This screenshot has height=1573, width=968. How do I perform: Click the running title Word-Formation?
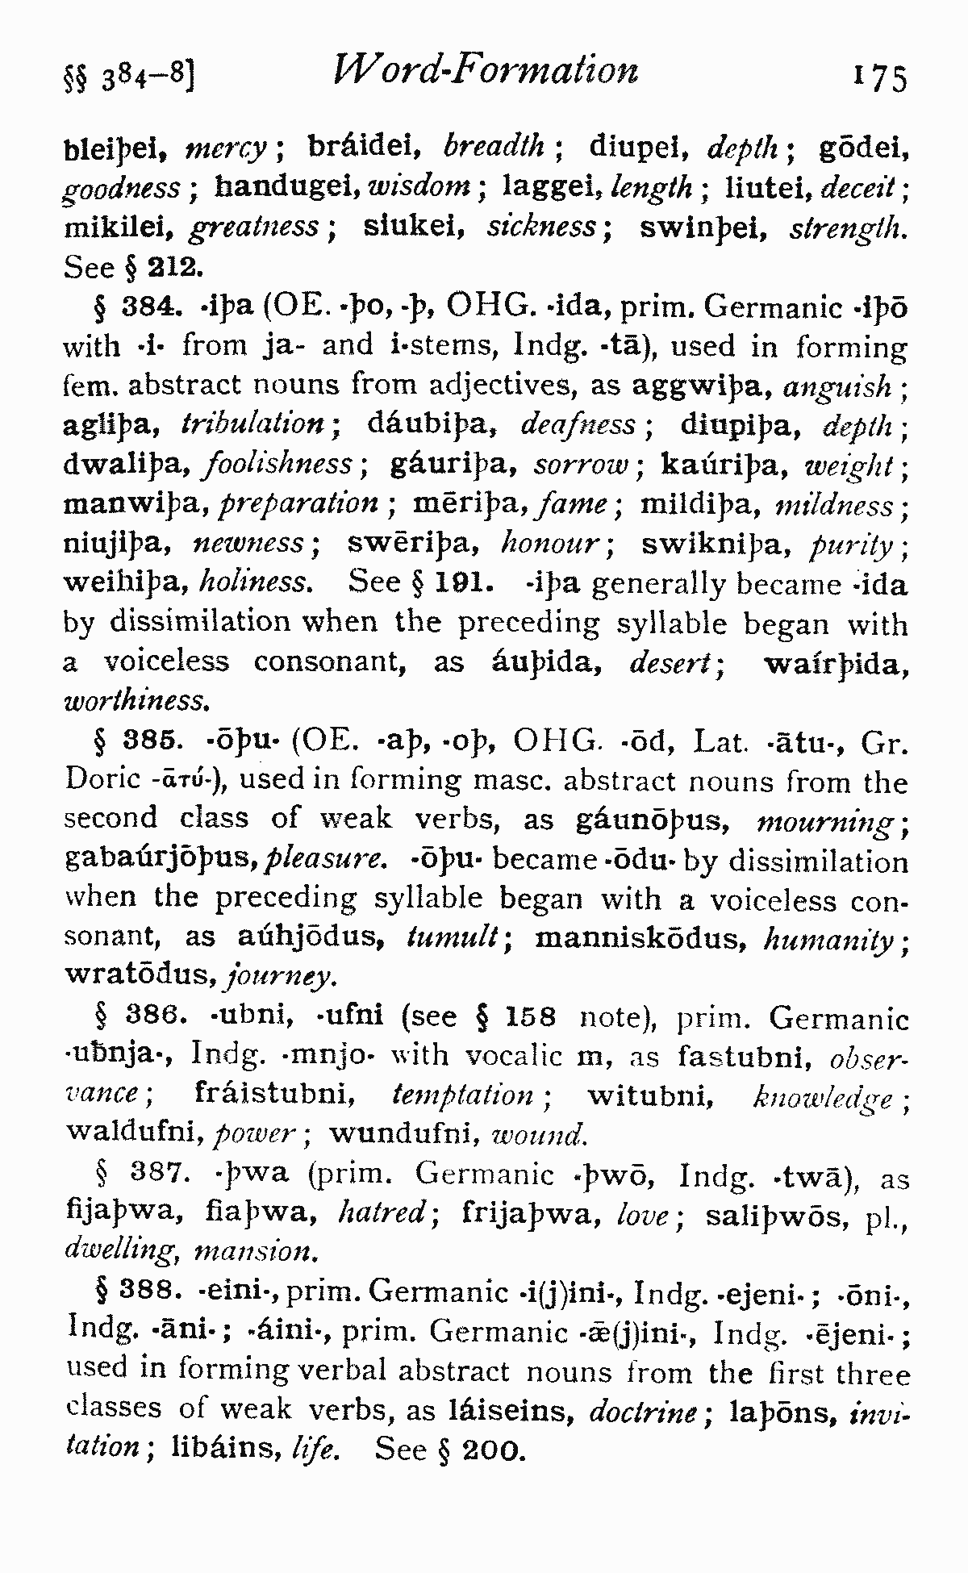coord(486,70)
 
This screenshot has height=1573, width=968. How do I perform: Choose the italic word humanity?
coord(831,939)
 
